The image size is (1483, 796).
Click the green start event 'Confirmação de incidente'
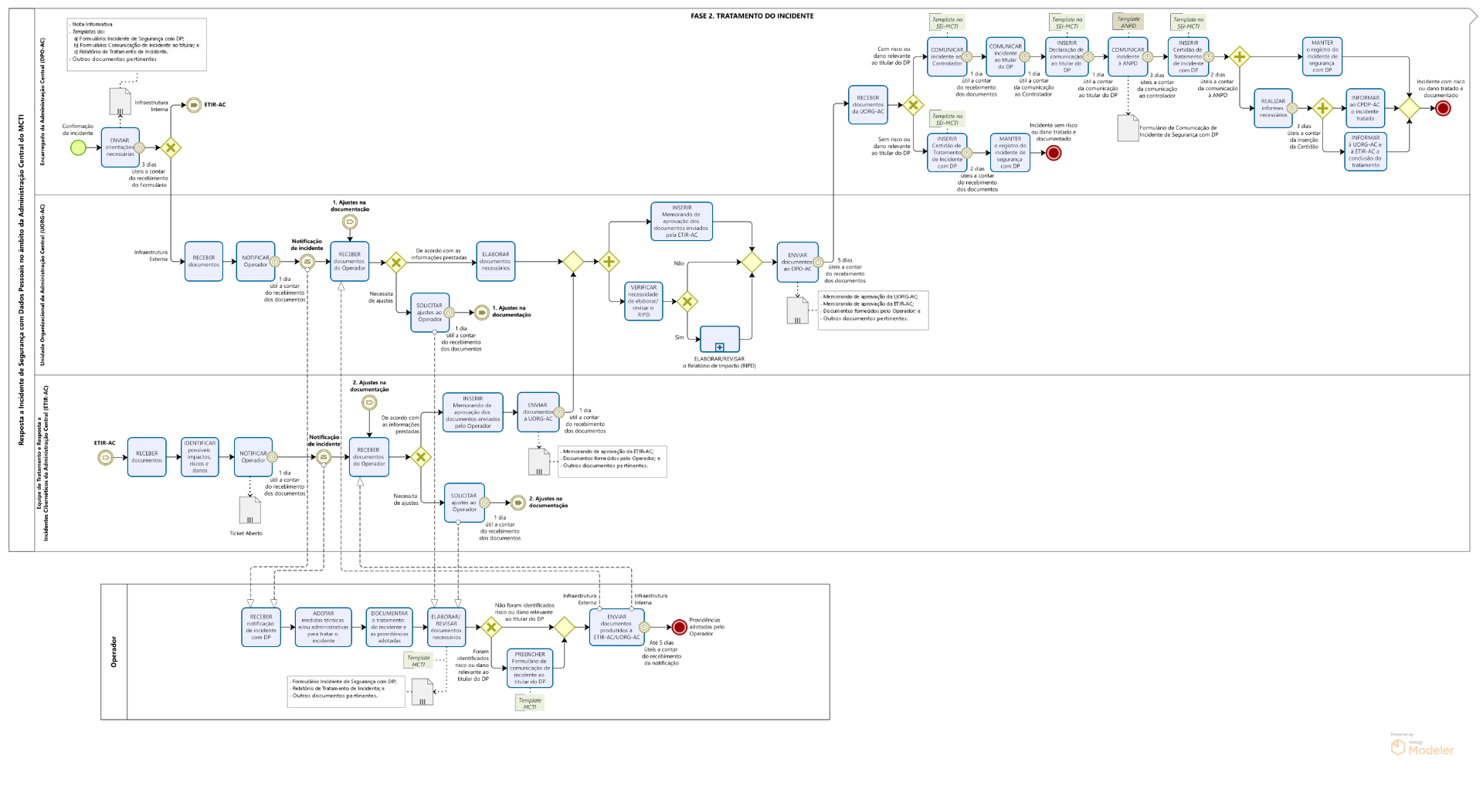[78, 147]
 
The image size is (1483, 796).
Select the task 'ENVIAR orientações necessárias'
[120, 147]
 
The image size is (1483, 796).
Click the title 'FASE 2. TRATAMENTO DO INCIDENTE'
[752, 15]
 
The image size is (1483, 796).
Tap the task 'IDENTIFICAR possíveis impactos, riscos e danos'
[199, 457]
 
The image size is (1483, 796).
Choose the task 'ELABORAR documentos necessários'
[495, 261]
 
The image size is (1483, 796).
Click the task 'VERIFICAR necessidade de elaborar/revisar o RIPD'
[643, 300]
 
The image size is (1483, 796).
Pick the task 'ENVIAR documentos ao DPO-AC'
[797, 262]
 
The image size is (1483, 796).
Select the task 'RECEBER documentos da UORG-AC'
[867, 105]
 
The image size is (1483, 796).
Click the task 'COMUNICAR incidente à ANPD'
[1128, 56]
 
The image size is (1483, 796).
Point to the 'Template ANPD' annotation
[1128, 22]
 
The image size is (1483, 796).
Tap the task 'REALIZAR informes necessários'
[1273, 108]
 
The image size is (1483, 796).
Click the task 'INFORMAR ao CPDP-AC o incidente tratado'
[1365, 108]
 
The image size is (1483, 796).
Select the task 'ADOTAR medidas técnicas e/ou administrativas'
[323, 627]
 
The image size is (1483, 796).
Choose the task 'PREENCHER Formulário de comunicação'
[530, 668]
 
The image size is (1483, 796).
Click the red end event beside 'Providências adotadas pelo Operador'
[679, 627]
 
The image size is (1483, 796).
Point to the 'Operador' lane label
[114, 652]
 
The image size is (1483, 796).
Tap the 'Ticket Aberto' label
[246, 533]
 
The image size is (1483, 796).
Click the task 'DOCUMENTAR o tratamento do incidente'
[389, 627]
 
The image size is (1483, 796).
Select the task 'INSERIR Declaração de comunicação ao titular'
[1067, 56]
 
